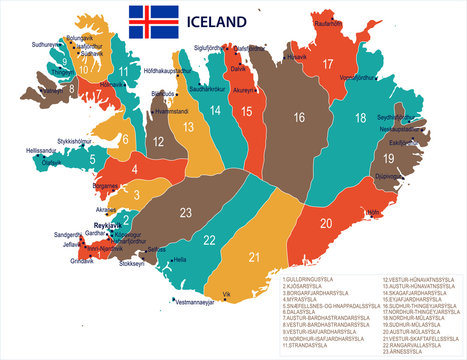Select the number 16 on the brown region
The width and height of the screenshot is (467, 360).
tap(298, 117)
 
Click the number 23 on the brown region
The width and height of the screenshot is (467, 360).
tap(185, 212)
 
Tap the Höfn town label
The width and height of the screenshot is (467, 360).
tap(374, 213)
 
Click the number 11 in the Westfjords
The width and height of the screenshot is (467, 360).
tap(123, 72)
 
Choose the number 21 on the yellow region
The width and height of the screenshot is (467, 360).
tap(254, 258)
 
